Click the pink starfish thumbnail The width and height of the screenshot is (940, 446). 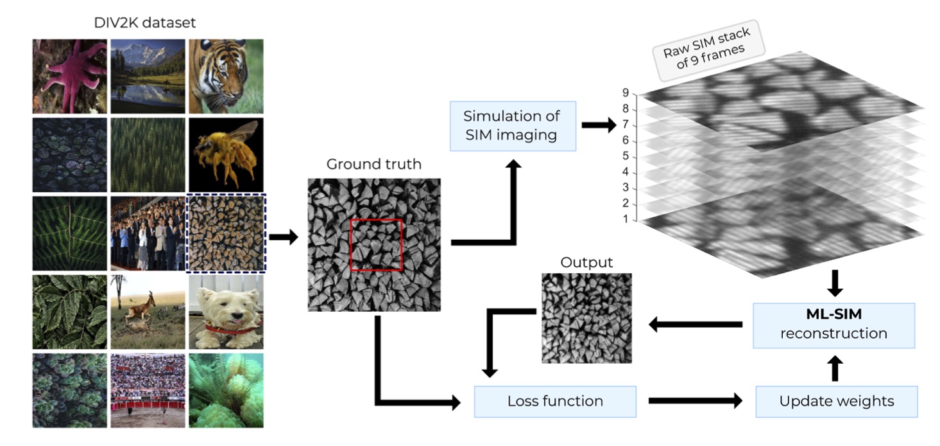(x=70, y=76)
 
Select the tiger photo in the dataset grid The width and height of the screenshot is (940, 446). (x=225, y=76)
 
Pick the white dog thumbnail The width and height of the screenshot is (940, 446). (x=225, y=312)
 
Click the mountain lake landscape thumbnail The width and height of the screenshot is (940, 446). (x=148, y=76)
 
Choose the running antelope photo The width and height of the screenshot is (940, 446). (x=148, y=312)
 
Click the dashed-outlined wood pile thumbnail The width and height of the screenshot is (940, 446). (x=225, y=234)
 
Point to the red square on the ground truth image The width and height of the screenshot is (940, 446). (x=376, y=245)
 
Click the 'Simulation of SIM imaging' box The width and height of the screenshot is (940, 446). (x=511, y=126)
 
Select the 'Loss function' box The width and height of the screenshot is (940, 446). (x=554, y=401)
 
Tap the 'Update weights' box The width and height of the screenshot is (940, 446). (x=836, y=401)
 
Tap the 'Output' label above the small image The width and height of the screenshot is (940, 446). (x=586, y=262)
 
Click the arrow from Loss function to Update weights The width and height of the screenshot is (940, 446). (x=696, y=401)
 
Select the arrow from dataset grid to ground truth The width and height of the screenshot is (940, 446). (x=283, y=238)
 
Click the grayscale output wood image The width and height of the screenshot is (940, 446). (x=586, y=318)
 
